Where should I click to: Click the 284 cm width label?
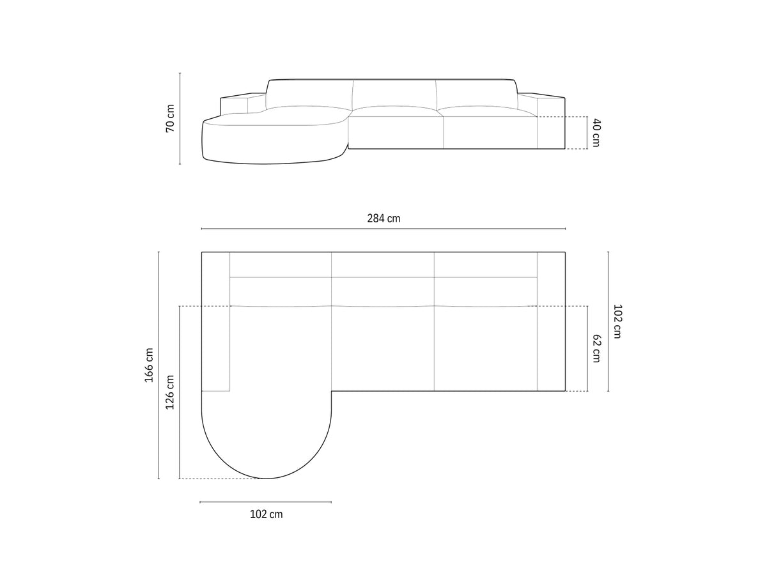(x=383, y=218)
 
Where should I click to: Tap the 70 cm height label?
(x=170, y=118)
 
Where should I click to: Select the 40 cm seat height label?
(x=596, y=133)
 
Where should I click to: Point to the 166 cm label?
(x=149, y=365)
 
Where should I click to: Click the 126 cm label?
(x=170, y=392)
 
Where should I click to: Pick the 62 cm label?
(x=596, y=348)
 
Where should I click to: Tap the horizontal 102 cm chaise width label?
(x=267, y=514)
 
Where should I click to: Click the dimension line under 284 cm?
(x=383, y=229)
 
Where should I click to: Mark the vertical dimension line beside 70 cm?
(x=180, y=118)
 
